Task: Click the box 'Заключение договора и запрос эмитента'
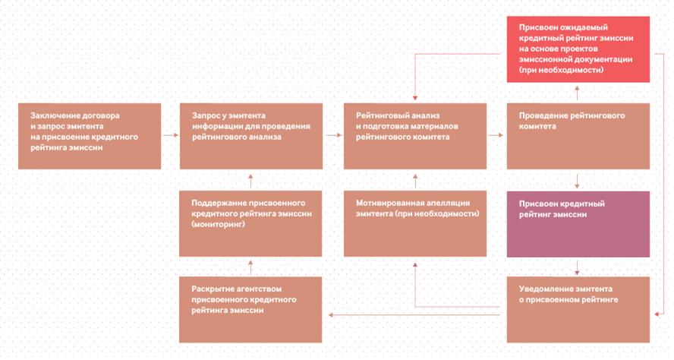(90, 136)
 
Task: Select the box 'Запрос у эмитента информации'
(251, 136)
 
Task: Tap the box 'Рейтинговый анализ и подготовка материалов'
(415, 136)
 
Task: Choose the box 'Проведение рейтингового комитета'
(578, 136)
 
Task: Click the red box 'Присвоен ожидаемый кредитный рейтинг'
(578, 49)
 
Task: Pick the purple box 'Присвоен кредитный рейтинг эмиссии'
(578, 224)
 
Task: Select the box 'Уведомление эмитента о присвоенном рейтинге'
(578, 310)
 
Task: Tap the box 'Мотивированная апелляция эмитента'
(415, 223)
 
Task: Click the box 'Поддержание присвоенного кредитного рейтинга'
(250, 223)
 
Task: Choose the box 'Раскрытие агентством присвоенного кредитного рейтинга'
(250, 310)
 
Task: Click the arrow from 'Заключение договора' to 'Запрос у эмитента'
(171, 135)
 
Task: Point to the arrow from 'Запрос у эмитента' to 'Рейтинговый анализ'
(333, 135)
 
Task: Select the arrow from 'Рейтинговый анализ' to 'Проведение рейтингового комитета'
(496, 135)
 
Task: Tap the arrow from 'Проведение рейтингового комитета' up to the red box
(578, 93)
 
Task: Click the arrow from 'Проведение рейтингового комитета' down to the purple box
(578, 181)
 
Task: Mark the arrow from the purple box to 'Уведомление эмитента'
(578, 267)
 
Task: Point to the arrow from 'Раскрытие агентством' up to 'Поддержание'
(250, 267)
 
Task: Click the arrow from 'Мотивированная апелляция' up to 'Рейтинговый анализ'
(415, 181)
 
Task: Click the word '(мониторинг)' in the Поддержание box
(218, 224)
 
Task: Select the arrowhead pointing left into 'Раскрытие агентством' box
(331, 315)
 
